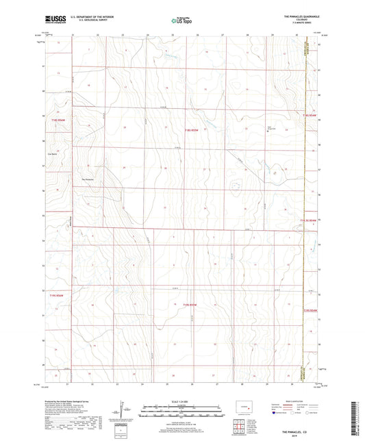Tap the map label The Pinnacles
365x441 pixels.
(x=89, y=180)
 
